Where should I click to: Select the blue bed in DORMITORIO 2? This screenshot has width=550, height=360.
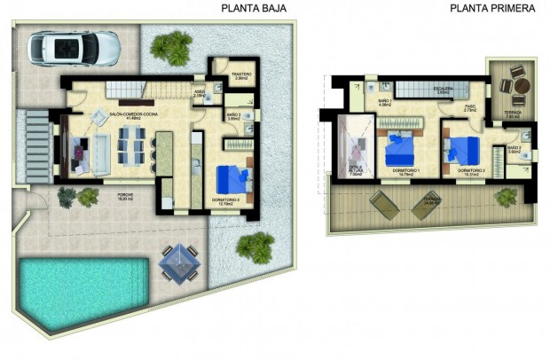pos(461,150)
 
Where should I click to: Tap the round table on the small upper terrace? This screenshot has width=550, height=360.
pos(522,85)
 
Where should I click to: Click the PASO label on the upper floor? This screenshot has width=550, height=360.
pos(471,106)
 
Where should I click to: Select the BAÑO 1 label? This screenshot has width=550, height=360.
pos(384,102)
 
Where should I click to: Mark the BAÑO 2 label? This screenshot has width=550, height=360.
pos(514,148)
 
